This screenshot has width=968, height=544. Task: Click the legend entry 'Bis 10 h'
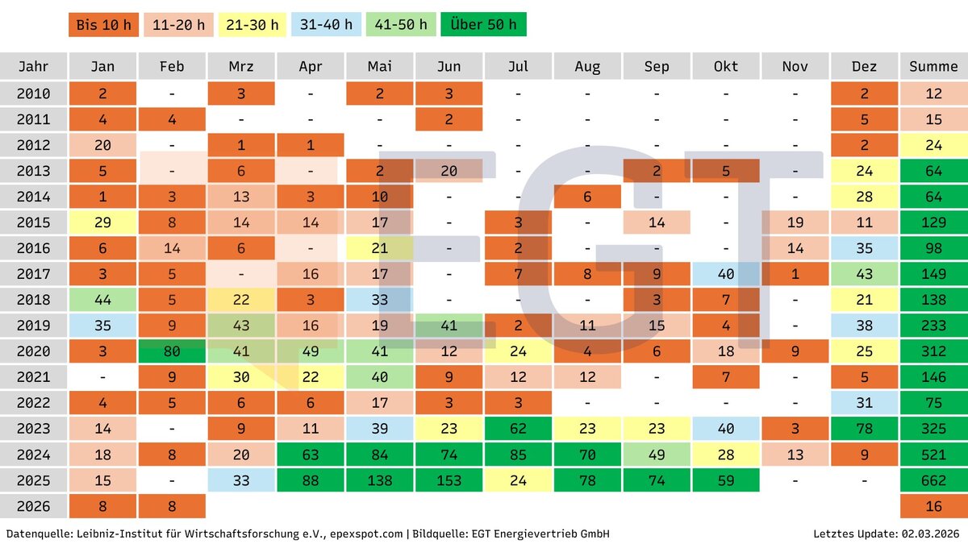point(102,24)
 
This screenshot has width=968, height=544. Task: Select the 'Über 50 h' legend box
point(484,24)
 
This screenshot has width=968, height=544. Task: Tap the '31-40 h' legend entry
point(326,24)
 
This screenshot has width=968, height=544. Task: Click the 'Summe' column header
point(933,67)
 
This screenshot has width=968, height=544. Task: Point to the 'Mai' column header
point(380,67)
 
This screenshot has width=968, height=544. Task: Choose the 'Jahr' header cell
point(33,67)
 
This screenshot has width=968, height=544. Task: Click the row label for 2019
point(33,326)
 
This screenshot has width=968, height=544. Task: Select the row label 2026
point(33,506)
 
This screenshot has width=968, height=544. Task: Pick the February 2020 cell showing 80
point(172,351)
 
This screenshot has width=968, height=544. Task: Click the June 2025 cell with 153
point(449,480)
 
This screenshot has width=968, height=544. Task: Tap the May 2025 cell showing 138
point(380,480)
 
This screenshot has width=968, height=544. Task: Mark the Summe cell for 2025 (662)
point(933,480)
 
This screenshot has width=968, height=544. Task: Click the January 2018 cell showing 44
point(102,300)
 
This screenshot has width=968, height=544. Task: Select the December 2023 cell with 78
point(864,429)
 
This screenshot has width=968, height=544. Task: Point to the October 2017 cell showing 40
point(726,274)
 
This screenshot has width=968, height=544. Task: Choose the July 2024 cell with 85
point(519,455)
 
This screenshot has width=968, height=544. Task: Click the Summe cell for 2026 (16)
point(933,506)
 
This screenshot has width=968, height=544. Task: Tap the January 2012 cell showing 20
point(102,145)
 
